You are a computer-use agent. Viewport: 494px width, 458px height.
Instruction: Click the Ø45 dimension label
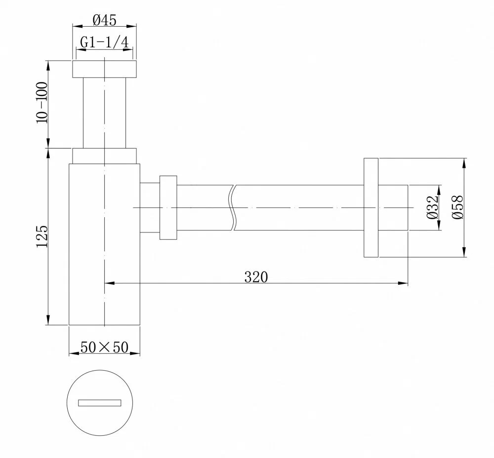click(105, 20)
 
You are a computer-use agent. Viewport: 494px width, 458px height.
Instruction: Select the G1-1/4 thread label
click(104, 42)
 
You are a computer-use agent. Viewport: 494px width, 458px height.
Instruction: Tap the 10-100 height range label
click(42, 103)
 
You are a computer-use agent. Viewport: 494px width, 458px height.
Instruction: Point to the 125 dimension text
click(42, 236)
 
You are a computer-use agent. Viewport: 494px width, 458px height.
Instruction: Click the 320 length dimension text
click(256, 277)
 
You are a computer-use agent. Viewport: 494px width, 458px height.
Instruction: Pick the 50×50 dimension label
click(104, 347)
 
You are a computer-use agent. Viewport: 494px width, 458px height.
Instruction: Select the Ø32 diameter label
click(433, 207)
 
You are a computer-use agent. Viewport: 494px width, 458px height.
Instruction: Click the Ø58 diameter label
click(457, 207)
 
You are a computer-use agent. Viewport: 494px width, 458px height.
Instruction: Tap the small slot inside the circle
click(100, 403)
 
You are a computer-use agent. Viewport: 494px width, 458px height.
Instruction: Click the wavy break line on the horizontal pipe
click(233, 207)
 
